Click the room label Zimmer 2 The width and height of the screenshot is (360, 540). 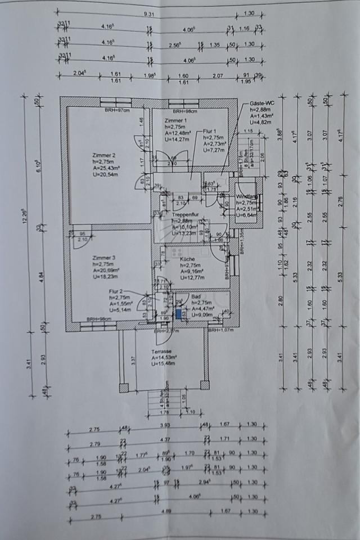[x=104, y=155]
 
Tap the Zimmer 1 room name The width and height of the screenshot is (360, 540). [x=175, y=121]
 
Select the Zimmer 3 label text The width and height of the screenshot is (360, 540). [x=104, y=258]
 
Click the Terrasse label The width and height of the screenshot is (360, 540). [x=162, y=351]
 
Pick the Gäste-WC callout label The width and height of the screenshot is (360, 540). [x=262, y=104]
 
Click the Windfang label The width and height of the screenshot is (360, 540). [x=246, y=196]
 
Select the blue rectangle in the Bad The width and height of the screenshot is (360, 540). [x=178, y=314]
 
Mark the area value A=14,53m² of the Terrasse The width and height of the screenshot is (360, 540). [x=164, y=357]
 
